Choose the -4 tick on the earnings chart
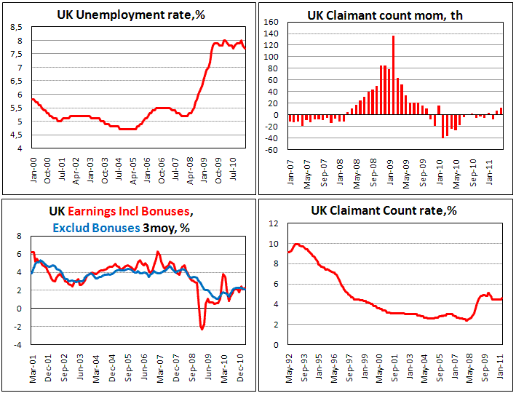tap(17, 344)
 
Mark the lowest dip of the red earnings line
tap(202, 330)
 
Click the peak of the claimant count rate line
tap(297, 244)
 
